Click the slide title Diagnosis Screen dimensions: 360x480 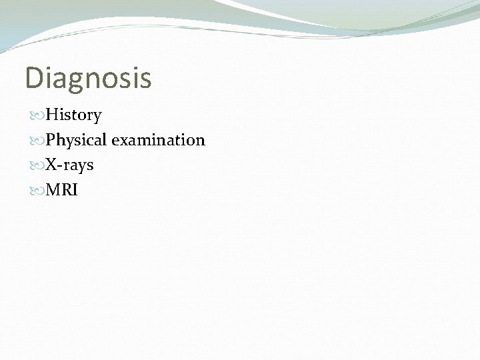coord(88,78)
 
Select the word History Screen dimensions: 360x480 coord(73,115)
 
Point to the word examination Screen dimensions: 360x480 coord(159,140)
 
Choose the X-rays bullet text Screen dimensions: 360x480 coord(69,165)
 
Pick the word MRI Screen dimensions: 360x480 coord(61,190)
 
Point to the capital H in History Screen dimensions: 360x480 coord(51,115)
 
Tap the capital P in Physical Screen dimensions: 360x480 coord(50,140)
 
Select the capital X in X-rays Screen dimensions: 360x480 coord(51,165)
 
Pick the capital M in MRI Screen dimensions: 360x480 coord(53,190)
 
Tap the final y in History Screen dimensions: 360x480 coord(97,118)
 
